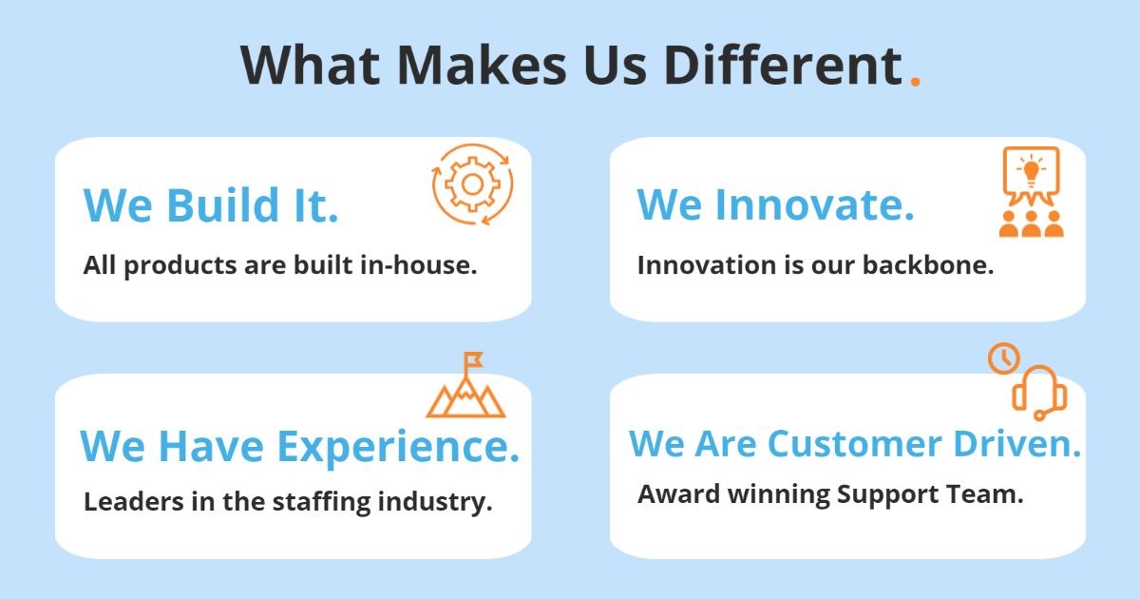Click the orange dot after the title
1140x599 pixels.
coord(914,81)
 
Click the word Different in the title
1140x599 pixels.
coord(782,64)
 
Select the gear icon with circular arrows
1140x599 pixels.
coord(472,184)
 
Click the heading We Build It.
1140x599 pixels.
coord(211,205)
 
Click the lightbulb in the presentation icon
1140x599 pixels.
coord(1030,171)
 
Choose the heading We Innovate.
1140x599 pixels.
coord(775,205)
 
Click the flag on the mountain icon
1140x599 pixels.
coord(472,360)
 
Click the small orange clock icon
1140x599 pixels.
coord(1003,358)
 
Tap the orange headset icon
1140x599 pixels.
coord(1040,392)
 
